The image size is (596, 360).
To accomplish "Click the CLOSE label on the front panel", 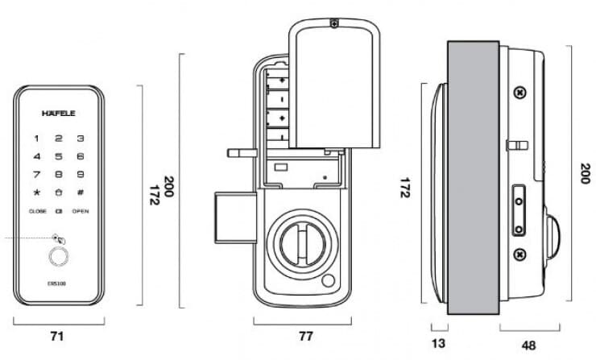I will click(x=38, y=211).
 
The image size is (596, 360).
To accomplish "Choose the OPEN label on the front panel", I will click(x=81, y=211).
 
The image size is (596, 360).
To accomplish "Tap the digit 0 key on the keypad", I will click(x=59, y=192).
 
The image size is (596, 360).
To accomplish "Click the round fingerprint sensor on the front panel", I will click(x=59, y=258).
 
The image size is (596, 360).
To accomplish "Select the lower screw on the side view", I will click(x=519, y=255).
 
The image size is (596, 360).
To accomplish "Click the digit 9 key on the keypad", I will click(x=81, y=174).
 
